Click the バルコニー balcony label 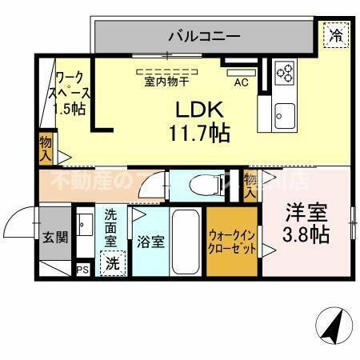[203, 35]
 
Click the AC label [240, 82]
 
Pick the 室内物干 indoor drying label [166, 81]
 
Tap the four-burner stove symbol [285, 74]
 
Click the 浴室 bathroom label [150, 242]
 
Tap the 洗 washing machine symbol [112, 262]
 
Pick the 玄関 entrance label [55, 237]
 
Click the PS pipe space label [82, 270]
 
